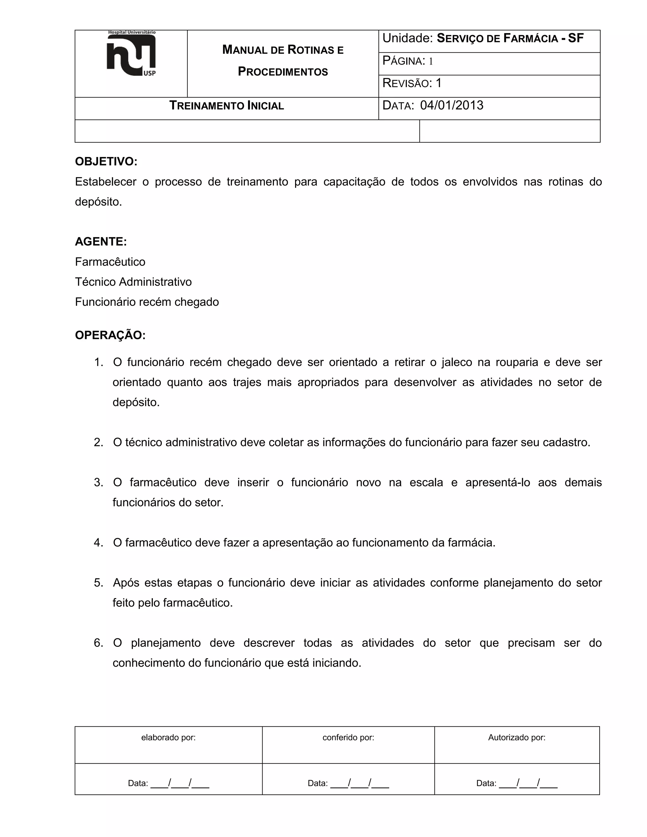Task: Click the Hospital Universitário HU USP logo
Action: [x=131, y=54]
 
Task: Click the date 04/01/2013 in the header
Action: [x=451, y=105]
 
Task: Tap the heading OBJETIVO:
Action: [x=106, y=162]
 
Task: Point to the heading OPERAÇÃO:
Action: [x=110, y=335]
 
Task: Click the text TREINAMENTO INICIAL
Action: [x=227, y=106]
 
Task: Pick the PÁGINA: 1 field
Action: [x=408, y=61]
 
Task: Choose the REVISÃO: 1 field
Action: [x=412, y=83]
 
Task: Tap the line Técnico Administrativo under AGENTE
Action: [x=133, y=282]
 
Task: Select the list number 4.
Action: [x=99, y=543]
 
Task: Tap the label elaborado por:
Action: [x=168, y=738]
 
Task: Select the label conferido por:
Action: [x=348, y=738]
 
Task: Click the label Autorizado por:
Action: [x=517, y=738]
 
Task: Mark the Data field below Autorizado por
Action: [x=517, y=783]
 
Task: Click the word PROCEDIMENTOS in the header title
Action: [x=283, y=72]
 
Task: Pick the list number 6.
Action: [x=99, y=643]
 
